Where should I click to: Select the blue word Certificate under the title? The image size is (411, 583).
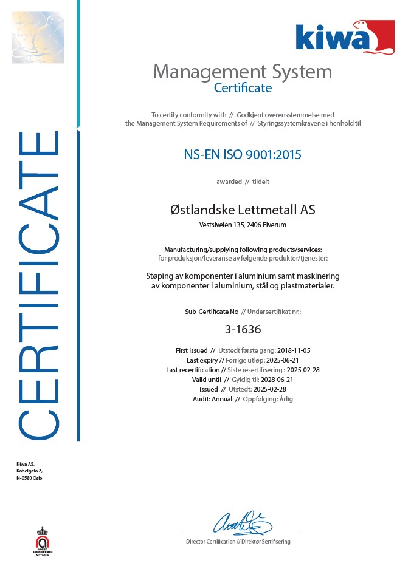point(243,87)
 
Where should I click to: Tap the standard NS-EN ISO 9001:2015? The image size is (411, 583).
point(243,154)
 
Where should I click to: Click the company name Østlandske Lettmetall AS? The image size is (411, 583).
point(243,210)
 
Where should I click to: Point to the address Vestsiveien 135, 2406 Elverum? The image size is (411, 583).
point(243,225)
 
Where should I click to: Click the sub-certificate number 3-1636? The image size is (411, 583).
point(243,330)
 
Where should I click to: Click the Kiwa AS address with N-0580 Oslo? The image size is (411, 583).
point(29,471)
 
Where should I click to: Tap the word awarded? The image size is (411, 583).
point(229,182)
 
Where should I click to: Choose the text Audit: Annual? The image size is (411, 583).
point(213,399)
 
